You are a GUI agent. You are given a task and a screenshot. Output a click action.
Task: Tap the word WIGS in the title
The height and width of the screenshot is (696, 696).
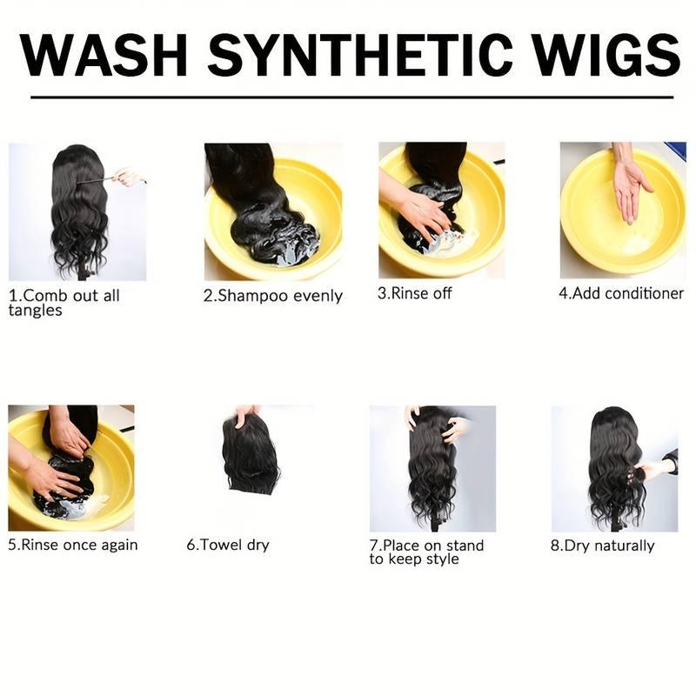click(606, 55)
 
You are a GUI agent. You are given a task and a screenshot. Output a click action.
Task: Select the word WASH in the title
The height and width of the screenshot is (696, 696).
click(104, 55)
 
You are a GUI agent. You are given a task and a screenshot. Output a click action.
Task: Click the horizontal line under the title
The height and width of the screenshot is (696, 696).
click(351, 97)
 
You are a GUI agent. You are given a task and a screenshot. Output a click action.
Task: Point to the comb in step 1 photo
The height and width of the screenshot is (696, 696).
click(94, 181)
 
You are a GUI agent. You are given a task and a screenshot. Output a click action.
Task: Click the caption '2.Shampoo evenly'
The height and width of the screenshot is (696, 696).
click(272, 296)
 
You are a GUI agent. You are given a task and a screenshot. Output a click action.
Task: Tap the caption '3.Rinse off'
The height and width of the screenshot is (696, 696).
click(415, 293)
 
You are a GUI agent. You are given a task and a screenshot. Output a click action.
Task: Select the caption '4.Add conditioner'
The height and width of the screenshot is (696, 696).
click(621, 293)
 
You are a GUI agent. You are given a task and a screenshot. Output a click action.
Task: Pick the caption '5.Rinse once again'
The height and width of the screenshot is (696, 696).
click(73, 545)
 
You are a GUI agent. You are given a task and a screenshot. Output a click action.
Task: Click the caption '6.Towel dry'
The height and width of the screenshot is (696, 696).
click(228, 545)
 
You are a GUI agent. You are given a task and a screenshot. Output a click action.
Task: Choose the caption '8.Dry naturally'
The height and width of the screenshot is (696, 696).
click(602, 545)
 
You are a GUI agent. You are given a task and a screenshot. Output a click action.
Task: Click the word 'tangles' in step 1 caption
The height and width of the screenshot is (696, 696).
click(35, 311)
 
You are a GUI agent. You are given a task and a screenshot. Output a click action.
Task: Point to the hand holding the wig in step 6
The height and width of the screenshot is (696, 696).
click(249, 415)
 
